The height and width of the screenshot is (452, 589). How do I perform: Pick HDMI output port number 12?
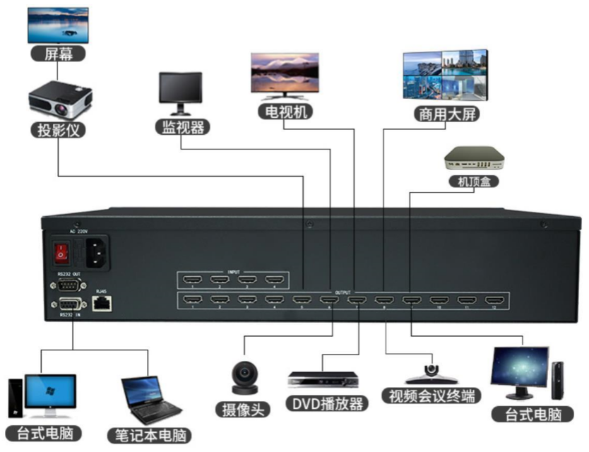point(494,302)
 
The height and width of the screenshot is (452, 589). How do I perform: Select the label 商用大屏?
point(441,114)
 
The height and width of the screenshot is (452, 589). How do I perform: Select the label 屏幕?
point(58,54)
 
